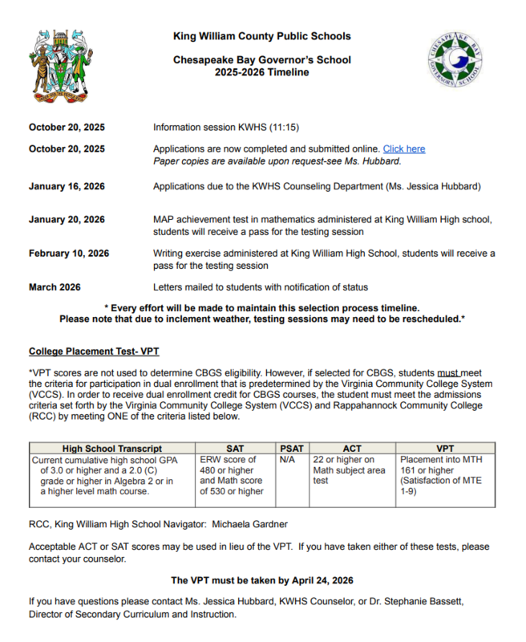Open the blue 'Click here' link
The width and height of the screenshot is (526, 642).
coord(404,149)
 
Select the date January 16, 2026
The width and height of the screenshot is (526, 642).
coord(67,187)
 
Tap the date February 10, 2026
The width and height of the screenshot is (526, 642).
coord(68,254)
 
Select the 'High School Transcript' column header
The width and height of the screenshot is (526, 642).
coord(112,449)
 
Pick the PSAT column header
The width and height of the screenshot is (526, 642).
coord(293,449)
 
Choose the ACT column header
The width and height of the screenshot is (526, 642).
coord(353,449)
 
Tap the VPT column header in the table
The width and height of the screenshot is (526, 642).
coord(444,449)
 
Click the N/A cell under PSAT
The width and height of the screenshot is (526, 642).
coord(288,461)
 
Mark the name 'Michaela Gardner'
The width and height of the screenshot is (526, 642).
coord(250,524)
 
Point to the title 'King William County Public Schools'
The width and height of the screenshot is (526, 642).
coord(261,36)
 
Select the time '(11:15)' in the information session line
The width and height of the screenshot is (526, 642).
coord(282,128)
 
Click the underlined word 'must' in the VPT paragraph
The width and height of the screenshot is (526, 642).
coord(449,373)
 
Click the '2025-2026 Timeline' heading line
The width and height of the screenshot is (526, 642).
coord(261,72)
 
